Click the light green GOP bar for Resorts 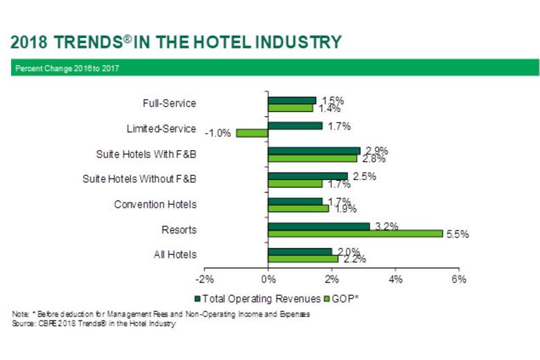point(355,233)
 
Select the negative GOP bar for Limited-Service point(252,133)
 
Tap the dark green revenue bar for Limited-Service point(295,125)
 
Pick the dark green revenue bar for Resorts point(318,226)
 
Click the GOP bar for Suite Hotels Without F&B point(295,183)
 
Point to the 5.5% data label point(458,234)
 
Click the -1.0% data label point(218,133)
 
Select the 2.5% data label point(364,177)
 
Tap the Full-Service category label point(169,103)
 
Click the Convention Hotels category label point(155,204)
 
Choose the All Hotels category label point(175,255)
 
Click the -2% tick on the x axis point(205,279)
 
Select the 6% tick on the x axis point(458,279)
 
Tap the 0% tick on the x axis point(269,279)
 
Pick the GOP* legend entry point(343,298)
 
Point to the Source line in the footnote point(93,323)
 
